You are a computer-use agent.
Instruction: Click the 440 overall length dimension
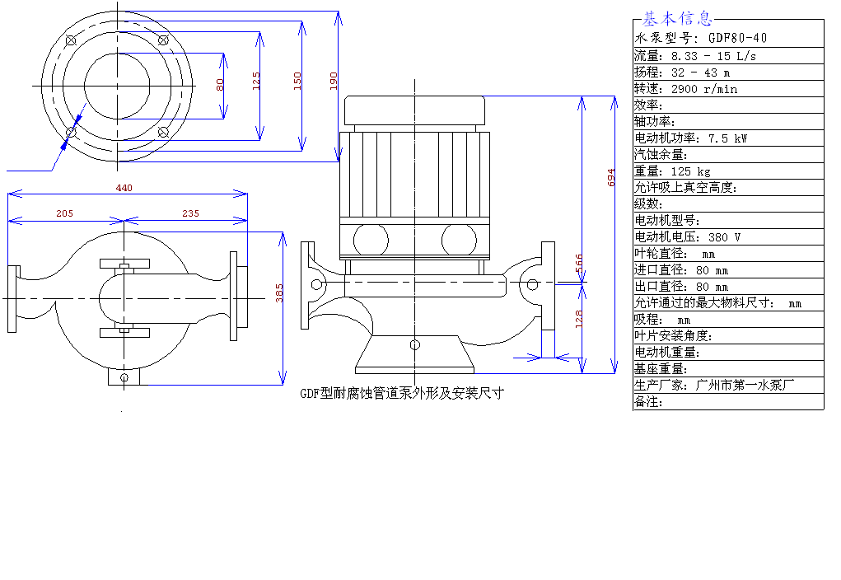pyautogui.click(x=124, y=188)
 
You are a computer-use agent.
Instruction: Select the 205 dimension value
pyautogui.click(x=64, y=213)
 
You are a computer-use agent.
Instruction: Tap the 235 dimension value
pyautogui.click(x=190, y=213)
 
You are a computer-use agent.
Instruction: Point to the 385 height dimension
pyautogui.click(x=279, y=293)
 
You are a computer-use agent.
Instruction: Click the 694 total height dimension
pyautogui.click(x=611, y=178)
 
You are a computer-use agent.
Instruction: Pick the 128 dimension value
pyautogui.click(x=579, y=319)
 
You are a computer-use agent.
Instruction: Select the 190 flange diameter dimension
pyautogui.click(x=334, y=81)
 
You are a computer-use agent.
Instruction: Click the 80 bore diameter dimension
pyautogui.click(x=220, y=85)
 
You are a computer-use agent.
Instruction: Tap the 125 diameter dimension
pyautogui.click(x=256, y=81)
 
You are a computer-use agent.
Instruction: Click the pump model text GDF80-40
pyautogui.click(x=737, y=38)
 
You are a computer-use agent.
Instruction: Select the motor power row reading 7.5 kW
pyautogui.click(x=691, y=138)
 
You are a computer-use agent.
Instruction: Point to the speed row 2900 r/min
pyautogui.click(x=686, y=89)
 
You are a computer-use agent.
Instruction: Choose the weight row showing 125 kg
pyautogui.click(x=673, y=171)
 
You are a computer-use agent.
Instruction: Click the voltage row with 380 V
pyautogui.click(x=688, y=237)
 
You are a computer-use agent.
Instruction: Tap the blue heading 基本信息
pyautogui.click(x=677, y=19)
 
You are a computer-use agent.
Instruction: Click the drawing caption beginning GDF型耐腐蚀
pyautogui.click(x=402, y=393)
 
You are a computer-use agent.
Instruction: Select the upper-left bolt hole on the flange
pyautogui.click(x=71, y=40)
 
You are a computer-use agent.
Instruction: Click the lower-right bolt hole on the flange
pyautogui.click(x=164, y=132)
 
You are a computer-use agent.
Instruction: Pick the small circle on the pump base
pyautogui.click(x=414, y=345)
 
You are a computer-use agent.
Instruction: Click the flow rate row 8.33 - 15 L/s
pyautogui.click(x=695, y=56)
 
